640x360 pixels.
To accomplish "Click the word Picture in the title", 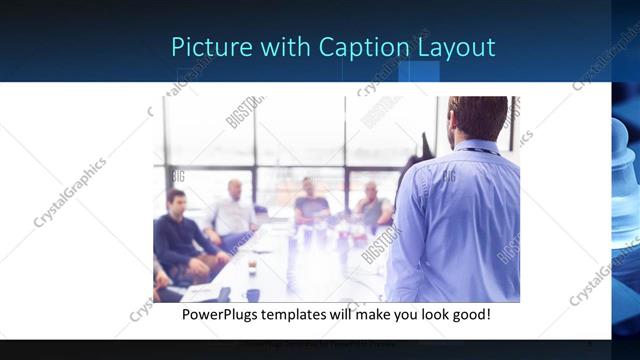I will (x=204, y=47).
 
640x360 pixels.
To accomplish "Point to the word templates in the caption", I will (x=307, y=314).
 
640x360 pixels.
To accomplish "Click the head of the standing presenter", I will (x=477, y=119).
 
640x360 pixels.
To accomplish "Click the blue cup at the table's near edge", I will (x=253, y=294).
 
